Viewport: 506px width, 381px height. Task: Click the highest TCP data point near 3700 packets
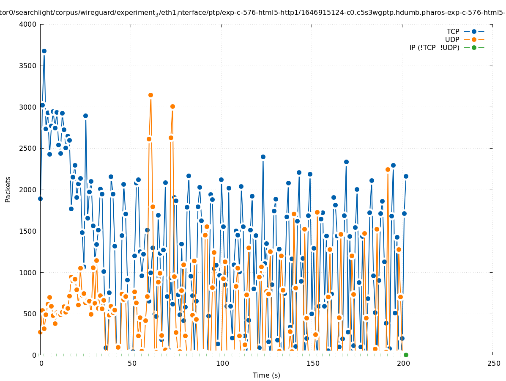[44, 51]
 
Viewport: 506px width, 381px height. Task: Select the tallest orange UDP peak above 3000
[150, 95]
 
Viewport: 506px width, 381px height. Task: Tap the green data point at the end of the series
[406, 355]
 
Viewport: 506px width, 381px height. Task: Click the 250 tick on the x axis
[493, 363]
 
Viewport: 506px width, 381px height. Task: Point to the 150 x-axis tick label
[312, 363]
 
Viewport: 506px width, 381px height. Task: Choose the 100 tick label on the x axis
[222, 363]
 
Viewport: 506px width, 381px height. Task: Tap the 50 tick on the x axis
[131, 363]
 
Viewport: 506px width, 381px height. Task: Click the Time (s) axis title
[266, 375]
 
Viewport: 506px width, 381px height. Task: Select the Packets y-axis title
[8, 189]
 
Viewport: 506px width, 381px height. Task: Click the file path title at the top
[253, 13]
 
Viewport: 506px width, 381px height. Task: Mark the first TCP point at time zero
[40, 199]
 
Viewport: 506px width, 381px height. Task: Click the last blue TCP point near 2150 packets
[406, 176]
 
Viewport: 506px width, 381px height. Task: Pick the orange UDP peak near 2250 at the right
[388, 169]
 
